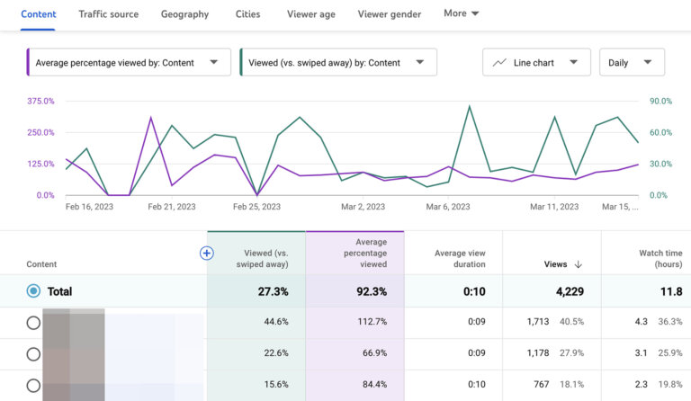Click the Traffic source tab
108,14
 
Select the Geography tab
184,14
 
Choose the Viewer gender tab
390,14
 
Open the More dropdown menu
462,13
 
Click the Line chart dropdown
536,63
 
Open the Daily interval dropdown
631,63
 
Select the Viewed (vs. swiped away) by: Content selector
337,63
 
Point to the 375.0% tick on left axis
40,102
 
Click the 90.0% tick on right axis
660,102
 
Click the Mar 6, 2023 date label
448,207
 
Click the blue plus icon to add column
206,254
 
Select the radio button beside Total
34,291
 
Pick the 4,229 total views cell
550,291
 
